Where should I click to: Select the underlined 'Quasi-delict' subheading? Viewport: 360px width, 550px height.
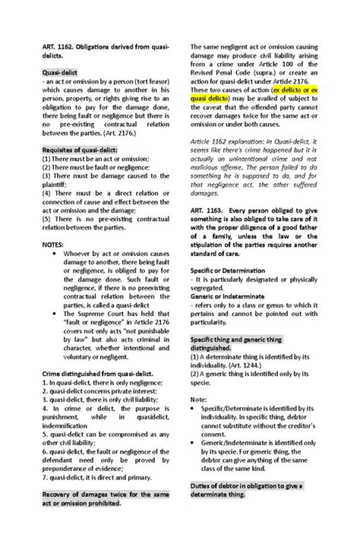pyautogui.click(x=59, y=72)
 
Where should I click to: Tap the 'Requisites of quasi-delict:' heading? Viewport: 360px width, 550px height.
pyautogui.click(x=80, y=149)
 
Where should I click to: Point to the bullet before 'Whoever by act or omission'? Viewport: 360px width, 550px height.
pyautogui.click(x=53, y=253)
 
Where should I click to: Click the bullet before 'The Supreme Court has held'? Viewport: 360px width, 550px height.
pyautogui.click(x=53, y=313)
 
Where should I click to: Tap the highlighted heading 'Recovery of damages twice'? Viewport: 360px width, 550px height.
pyautogui.click(x=106, y=494)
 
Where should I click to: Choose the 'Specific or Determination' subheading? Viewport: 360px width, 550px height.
pyautogui.click(x=227, y=270)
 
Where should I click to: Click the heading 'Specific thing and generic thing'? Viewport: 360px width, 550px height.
pyautogui.click(x=236, y=339)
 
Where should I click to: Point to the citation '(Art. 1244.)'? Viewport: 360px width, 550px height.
pyautogui.click(x=234, y=365)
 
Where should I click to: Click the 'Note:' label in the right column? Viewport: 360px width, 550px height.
pyautogui.click(x=198, y=399)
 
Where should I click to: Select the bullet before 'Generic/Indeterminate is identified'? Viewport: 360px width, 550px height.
pyautogui.click(x=193, y=443)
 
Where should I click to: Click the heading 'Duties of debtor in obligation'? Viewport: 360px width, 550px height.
pyautogui.click(x=246, y=486)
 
